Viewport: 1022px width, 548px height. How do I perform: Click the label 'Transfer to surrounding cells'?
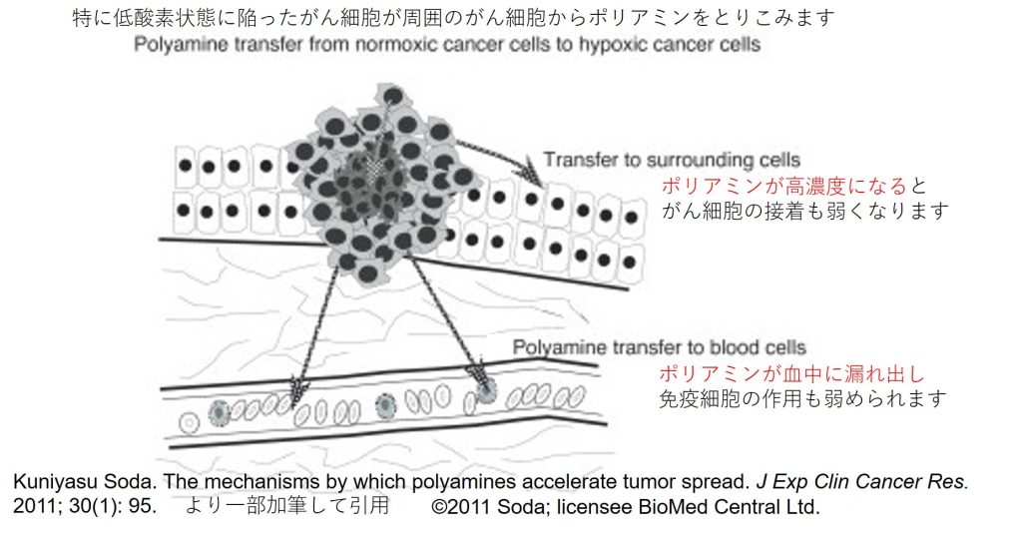pyautogui.click(x=672, y=160)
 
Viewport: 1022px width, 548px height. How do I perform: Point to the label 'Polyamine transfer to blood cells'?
pyautogui.click(x=659, y=347)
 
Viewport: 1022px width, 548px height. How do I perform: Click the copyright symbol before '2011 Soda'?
pyautogui.click(x=440, y=506)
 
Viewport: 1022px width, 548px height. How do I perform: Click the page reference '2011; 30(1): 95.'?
pyautogui.click(x=85, y=506)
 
